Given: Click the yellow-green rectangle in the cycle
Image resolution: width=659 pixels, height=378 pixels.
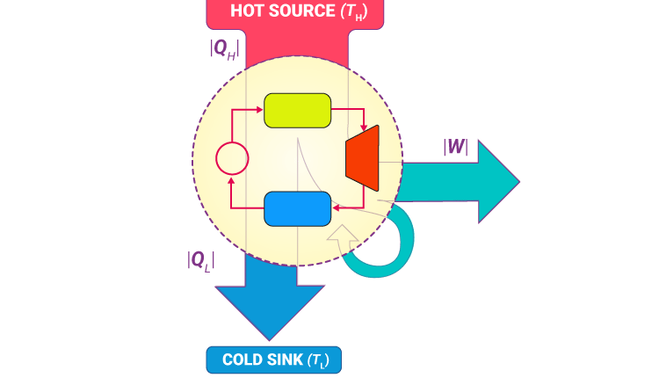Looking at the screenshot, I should tap(297, 110).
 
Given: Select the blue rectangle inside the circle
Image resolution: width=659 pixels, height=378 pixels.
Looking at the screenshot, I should tap(297, 208).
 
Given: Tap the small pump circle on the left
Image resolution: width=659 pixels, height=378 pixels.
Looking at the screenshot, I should tap(233, 159).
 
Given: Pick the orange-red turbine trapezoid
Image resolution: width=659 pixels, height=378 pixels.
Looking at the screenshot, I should tap(363, 159).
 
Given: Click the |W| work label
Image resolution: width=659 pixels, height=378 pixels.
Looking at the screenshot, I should tap(456, 146).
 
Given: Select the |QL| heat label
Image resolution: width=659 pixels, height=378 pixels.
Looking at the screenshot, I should tap(201, 260).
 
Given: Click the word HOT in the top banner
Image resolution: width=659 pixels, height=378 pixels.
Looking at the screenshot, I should tap(248, 11).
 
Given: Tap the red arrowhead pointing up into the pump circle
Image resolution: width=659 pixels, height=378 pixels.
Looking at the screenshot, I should tap(232, 179).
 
